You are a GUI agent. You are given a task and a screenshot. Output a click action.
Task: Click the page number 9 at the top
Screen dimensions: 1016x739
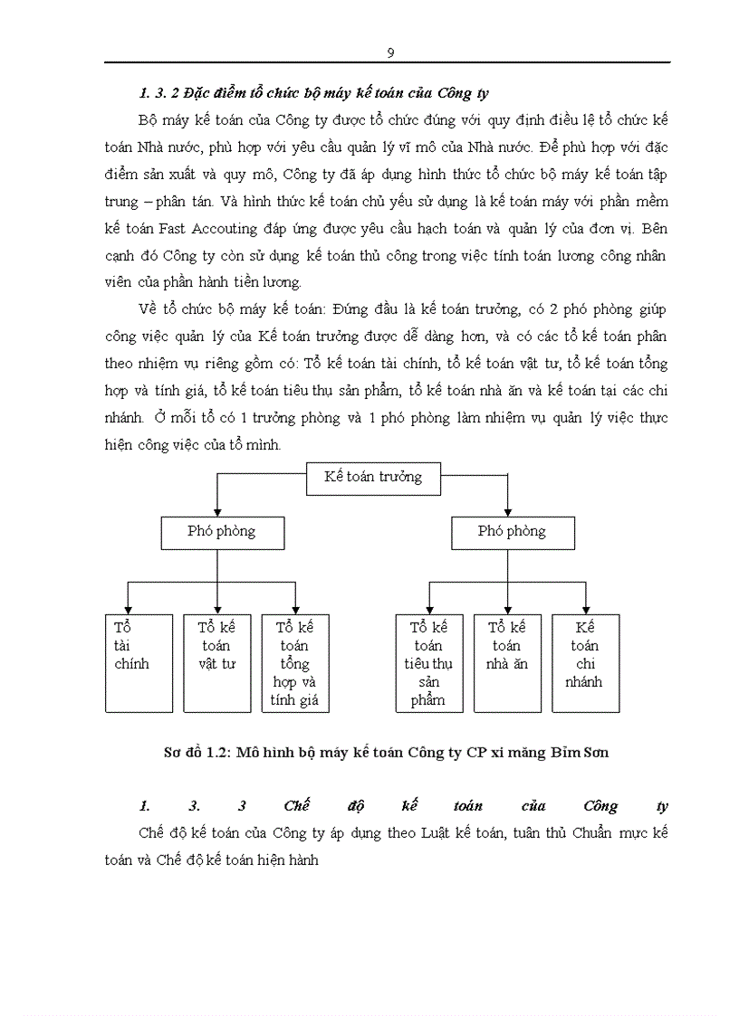[390, 52]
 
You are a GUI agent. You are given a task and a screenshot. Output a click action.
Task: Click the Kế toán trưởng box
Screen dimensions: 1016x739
[373, 477]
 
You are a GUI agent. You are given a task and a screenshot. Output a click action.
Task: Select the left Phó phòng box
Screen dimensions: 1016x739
[222, 532]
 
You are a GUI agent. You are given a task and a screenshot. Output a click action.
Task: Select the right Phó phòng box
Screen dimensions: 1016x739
[513, 532]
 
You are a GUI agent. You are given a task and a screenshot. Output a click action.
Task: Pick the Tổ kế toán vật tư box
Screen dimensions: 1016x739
[216, 662]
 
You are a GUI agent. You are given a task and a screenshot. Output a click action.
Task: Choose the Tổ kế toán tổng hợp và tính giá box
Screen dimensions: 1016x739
[295, 662]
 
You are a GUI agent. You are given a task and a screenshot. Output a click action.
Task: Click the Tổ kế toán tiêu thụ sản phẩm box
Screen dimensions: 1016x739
[429, 662]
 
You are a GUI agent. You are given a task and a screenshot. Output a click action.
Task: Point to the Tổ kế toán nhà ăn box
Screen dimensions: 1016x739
[507, 662]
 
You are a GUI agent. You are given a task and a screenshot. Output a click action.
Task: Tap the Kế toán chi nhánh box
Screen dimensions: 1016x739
[586, 662]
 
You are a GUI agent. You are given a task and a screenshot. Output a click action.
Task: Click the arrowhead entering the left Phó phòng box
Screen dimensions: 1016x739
[216, 511]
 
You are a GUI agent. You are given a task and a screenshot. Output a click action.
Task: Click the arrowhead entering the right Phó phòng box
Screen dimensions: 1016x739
[507, 511]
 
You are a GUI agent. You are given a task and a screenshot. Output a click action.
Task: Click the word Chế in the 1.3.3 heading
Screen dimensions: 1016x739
[298, 806]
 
